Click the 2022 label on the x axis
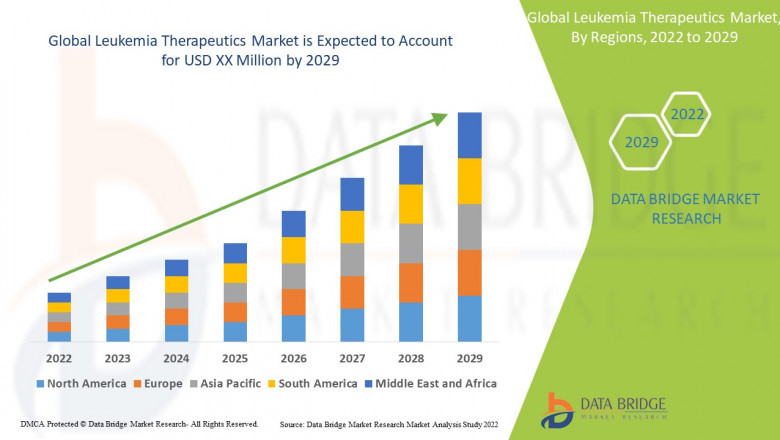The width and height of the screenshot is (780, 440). coord(59,357)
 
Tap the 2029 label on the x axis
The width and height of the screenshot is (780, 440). coord(469,357)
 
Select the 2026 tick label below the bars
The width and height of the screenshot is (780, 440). coord(293,357)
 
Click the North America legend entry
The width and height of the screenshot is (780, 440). coord(80,383)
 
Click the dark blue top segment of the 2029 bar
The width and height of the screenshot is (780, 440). coord(469,135)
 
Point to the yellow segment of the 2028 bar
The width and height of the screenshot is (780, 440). coord(411,204)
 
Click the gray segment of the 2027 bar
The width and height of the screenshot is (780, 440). coord(352,259)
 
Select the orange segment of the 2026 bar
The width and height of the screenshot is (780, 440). coord(293,302)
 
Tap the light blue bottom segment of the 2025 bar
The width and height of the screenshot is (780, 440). coord(235,331)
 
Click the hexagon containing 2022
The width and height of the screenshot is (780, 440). coord(688,114)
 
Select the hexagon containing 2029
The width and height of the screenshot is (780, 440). coord(641,142)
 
